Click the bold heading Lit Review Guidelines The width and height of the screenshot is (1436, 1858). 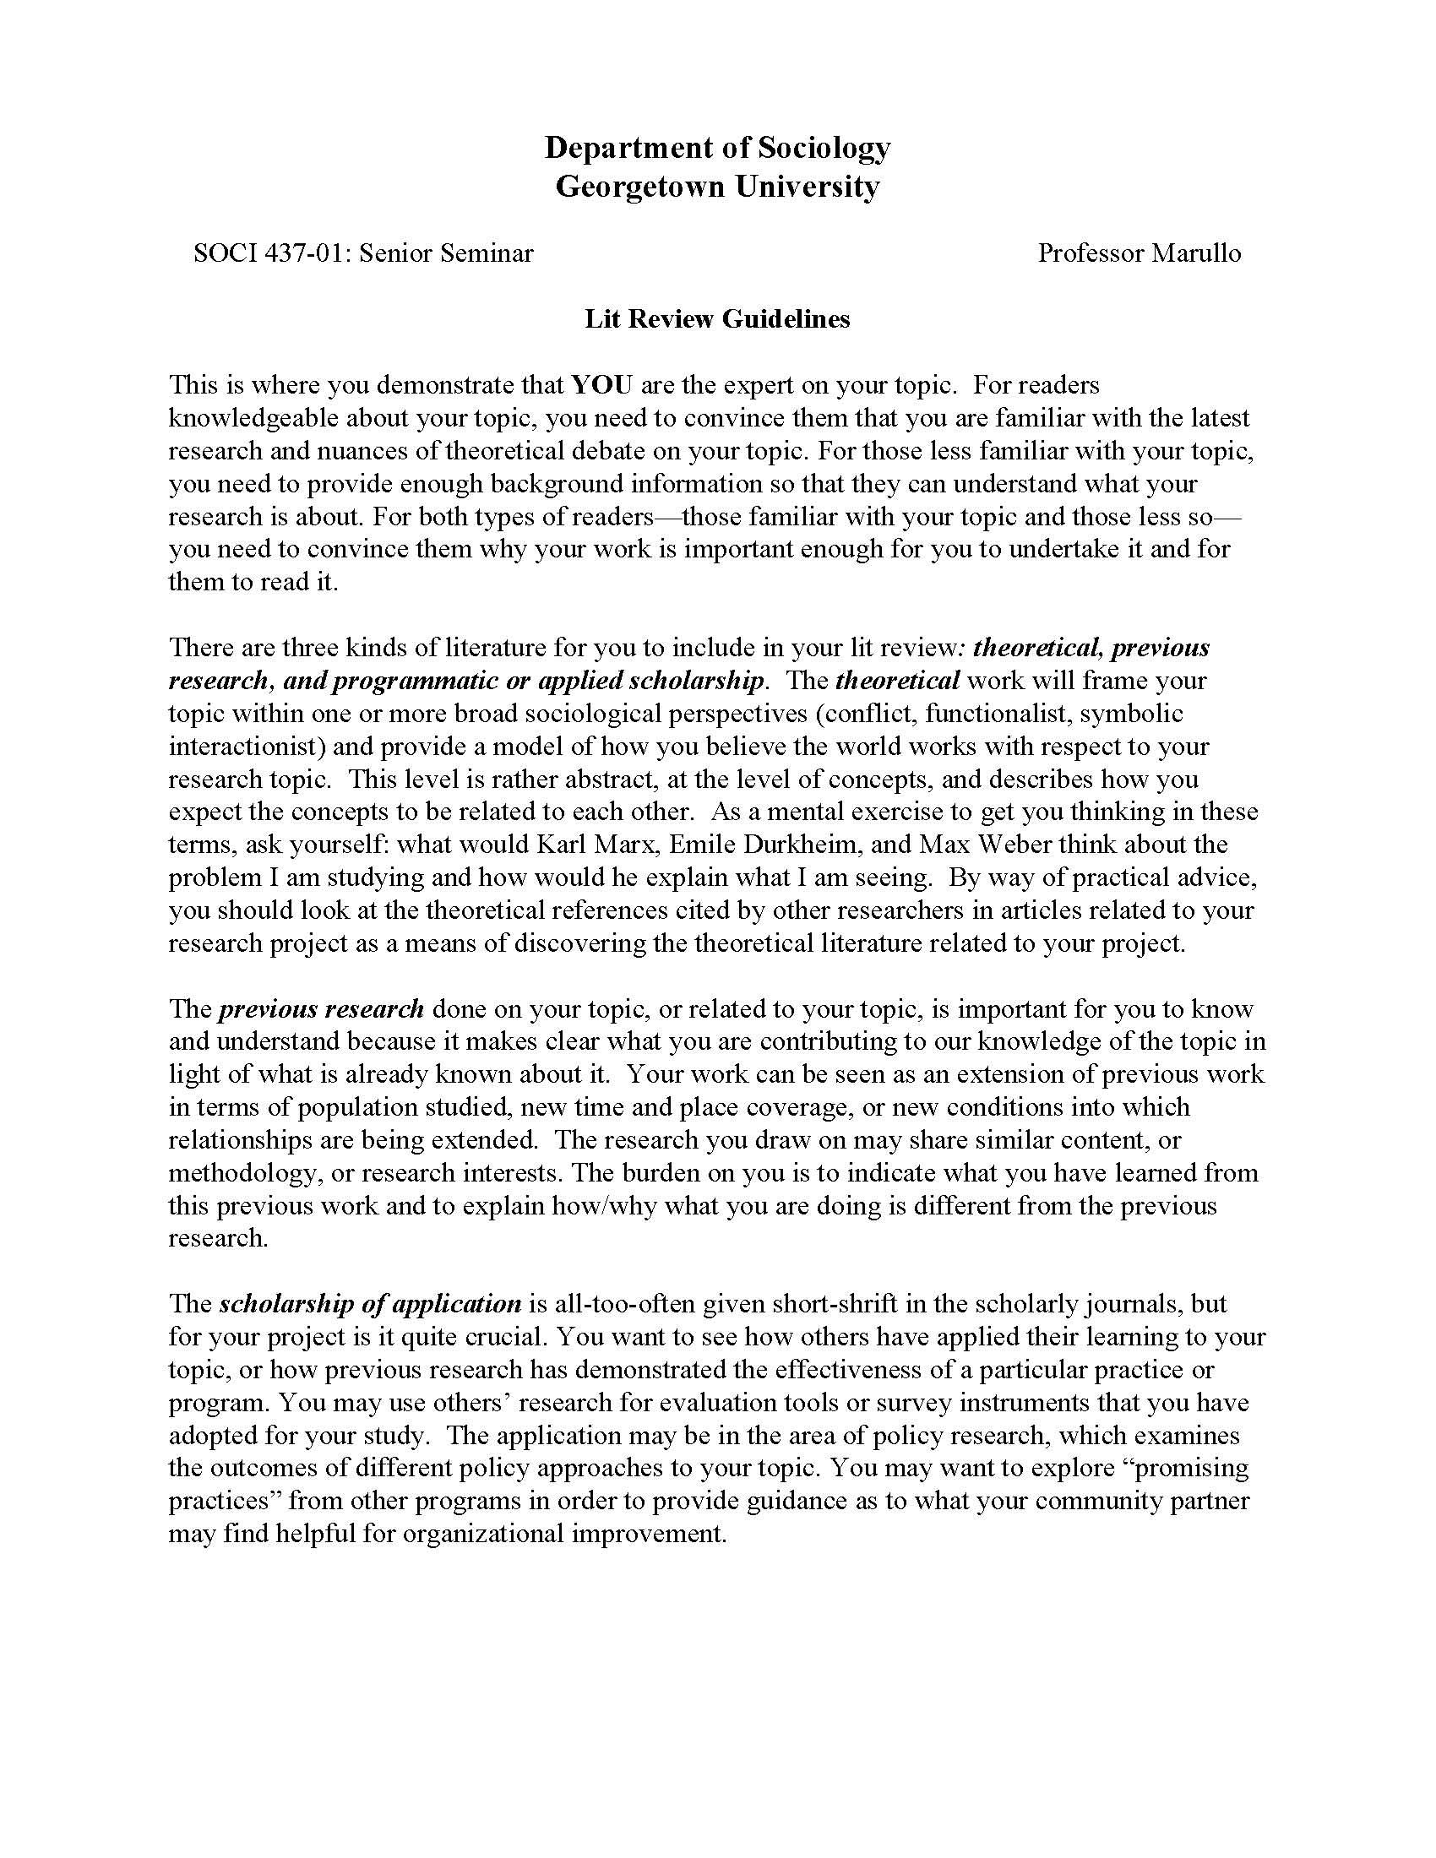717,319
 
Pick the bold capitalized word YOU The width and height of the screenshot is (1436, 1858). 601,385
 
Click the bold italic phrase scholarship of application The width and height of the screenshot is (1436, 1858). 370,1304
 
